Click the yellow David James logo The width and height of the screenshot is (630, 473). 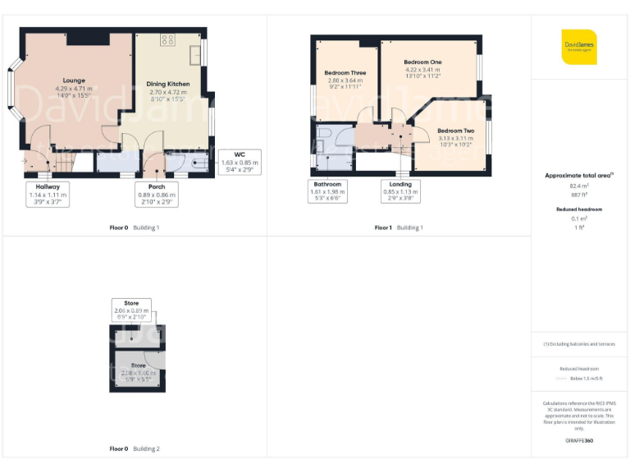pos(579,47)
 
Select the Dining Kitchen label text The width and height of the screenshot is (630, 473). pos(168,84)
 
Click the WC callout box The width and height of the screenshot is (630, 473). pos(240,163)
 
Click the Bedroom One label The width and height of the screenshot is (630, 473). pos(422,62)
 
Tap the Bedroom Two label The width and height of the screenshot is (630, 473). pos(455,131)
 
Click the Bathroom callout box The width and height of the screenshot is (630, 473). pos(327,191)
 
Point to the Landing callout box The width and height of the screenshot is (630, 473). pos(400,191)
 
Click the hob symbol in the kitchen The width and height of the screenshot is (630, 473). pos(168,39)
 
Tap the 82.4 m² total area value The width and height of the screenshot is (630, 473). pos(580,186)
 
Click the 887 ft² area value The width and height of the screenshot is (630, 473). pos(580,195)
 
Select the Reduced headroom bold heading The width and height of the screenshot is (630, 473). pos(580,209)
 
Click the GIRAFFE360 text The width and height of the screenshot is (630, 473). pos(580,441)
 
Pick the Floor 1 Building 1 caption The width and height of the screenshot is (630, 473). pos(399,227)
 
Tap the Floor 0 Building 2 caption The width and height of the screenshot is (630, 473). pos(135,449)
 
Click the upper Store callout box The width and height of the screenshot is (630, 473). pos(131,309)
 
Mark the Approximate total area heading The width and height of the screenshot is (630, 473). pos(578,176)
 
